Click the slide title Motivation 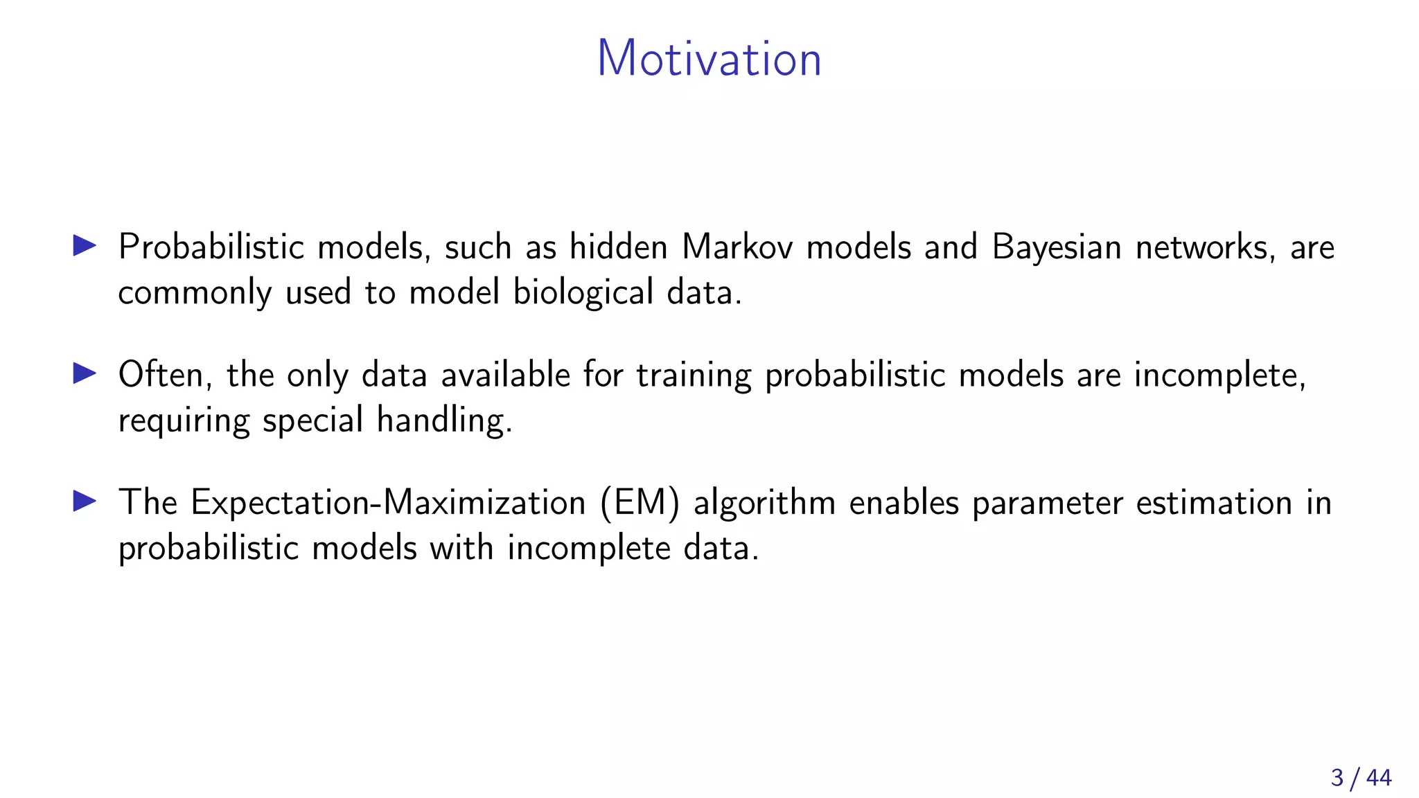coord(709,58)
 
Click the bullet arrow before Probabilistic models coord(85,245)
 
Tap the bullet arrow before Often coord(85,373)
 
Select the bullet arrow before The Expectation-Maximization coord(85,501)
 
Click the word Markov coord(737,247)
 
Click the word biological coord(583,293)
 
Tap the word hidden coord(618,247)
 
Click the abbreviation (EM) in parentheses coord(640,503)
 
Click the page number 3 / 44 coord(1361,778)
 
